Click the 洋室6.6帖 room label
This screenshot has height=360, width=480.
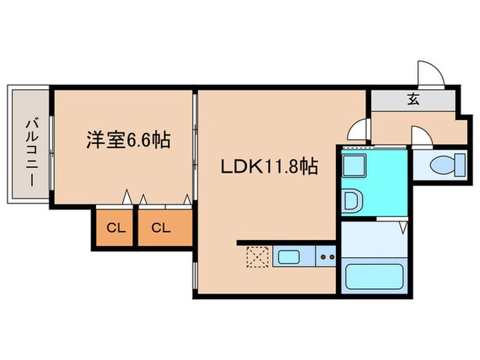[128, 141]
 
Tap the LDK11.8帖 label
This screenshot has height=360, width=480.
[268, 167]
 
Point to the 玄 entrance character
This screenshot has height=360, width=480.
[413, 99]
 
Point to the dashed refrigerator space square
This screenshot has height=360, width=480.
[257, 259]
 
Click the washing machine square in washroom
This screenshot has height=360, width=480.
[355, 167]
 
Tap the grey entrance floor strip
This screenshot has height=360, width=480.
[413, 100]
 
